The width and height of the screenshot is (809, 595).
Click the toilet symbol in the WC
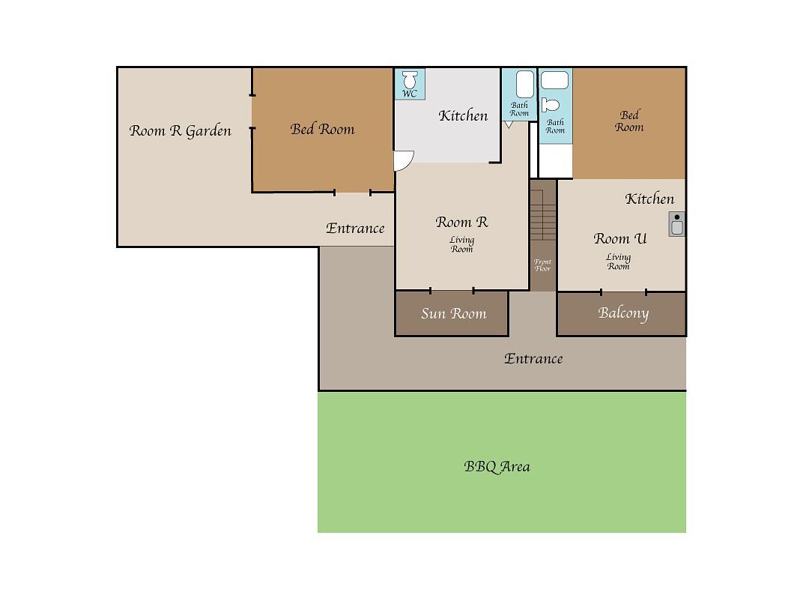[x=410, y=80]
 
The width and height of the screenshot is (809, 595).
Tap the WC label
[x=410, y=94]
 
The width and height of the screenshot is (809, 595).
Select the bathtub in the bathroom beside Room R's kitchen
[x=524, y=84]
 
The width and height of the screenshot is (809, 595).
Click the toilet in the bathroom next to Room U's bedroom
[x=550, y=105]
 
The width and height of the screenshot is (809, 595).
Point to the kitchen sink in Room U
[x=676, y=224]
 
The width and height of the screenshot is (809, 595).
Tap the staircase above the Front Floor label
[x=543, y=214]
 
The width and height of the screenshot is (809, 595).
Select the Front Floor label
[x=542, y=265]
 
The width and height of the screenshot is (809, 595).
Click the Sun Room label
[x=453, y=313]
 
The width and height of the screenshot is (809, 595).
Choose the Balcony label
[x=623, y=313]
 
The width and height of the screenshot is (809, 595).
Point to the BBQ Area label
[x=497, y=467]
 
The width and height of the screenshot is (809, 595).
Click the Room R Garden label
[x=180, y=131]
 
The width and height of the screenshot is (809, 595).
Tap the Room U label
[x=619, y=238]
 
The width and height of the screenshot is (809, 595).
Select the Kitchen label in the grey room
[x=463, y=115]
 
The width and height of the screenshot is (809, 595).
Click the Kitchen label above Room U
[x=649, y=199]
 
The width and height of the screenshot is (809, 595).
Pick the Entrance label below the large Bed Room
[x=355, y=228]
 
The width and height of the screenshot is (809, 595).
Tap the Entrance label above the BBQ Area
[x=533, y=359]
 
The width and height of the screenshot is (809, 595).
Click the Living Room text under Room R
[x=461, y=244]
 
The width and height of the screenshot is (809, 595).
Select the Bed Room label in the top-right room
[x=629, y=121]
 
